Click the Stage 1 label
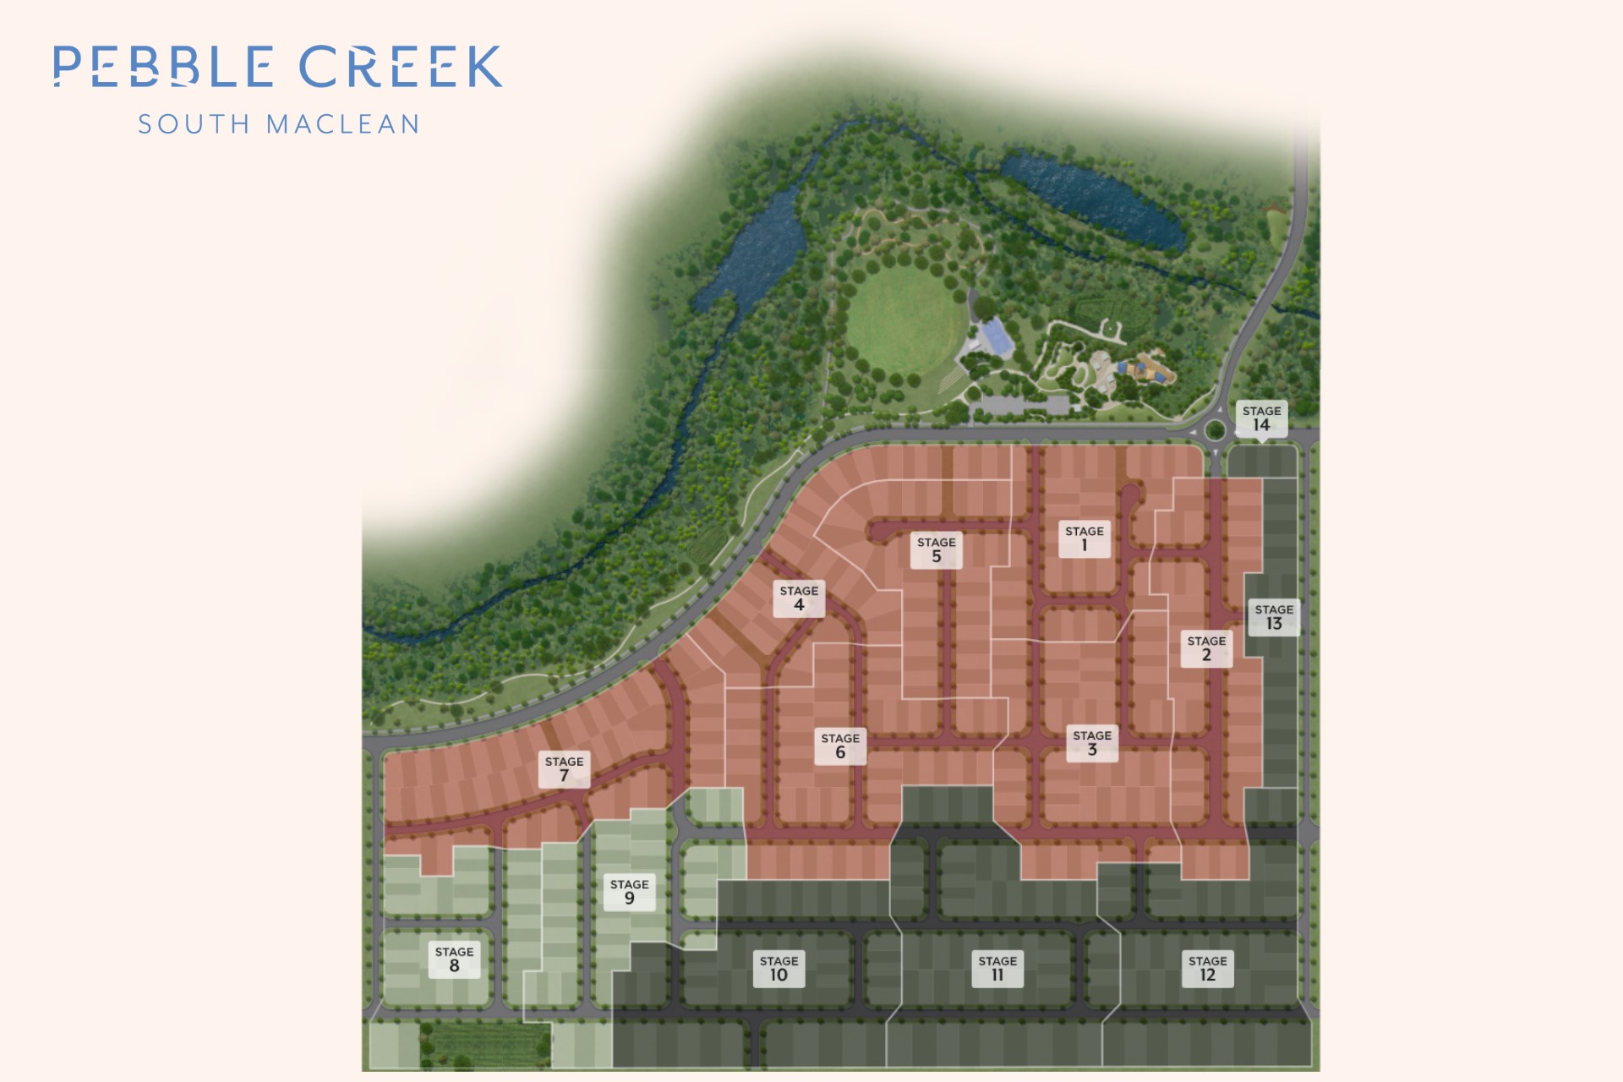pos(1085,538)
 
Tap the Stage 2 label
pos(1206,648)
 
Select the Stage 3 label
pos(1092,743)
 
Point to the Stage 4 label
pos(799,598)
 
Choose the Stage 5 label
pos(937,549)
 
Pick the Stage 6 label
pos(840,746)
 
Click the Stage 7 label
pos(564,769)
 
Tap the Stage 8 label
pos(454,959)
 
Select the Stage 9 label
pos(630,892)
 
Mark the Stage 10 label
pos(779,969)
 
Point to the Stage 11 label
pos(997,969)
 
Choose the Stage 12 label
pos(1207,969)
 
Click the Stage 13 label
pos(1274,617)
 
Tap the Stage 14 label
pos(1261,418)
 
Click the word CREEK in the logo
pos(401,67)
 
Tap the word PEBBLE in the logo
pos(163,67)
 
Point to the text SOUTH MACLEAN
pos(278,124)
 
